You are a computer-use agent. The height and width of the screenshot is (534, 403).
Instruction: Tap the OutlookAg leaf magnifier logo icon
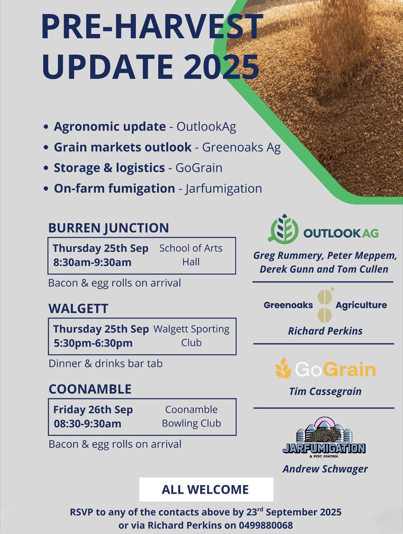coord(284,229)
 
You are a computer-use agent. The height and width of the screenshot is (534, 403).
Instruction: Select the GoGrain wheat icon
coord(283,368)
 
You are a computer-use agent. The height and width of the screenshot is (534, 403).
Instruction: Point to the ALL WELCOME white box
coord(206,489)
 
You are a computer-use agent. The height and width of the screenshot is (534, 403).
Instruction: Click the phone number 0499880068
coord(266,525)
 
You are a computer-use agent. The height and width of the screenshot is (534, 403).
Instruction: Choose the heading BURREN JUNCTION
coord(109,228)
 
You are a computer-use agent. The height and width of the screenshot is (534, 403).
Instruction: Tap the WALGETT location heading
coord(78,308)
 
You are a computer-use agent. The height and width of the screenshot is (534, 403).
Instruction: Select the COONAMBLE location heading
coord(90,389)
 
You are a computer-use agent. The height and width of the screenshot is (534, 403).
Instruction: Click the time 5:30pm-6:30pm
coord(93,343)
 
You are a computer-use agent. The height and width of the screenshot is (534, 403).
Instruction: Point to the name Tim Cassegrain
coord(325,391)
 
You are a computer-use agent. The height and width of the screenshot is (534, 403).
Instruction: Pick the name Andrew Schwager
coord(325,469)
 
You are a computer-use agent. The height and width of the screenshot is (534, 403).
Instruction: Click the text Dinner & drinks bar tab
coord(105,364)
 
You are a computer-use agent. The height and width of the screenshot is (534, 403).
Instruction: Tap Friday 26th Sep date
coord(93,410)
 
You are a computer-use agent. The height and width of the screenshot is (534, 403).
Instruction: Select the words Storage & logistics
coord(109,168)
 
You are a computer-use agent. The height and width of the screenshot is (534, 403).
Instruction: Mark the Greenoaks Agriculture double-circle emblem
coord(325,305)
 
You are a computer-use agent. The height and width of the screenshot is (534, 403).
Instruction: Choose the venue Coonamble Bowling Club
coord(191,416)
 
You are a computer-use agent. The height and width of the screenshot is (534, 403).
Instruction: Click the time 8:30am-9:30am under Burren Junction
coord(92,262)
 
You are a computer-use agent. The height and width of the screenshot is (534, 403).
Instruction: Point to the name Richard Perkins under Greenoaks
coord(325,331)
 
